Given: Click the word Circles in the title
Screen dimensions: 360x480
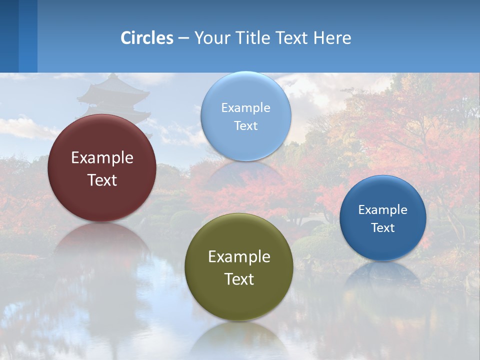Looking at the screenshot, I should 147,38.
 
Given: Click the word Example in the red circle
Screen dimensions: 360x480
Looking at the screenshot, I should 102,158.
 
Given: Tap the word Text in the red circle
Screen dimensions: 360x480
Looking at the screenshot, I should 102,180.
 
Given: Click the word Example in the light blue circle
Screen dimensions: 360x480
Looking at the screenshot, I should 245,108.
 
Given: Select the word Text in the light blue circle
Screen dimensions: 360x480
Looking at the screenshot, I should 245,125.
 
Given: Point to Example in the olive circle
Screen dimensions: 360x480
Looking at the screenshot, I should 239,257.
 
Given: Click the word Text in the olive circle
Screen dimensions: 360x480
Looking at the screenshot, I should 239,279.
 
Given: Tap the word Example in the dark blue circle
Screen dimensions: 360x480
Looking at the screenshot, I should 383,210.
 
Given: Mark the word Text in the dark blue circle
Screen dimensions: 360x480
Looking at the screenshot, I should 383,228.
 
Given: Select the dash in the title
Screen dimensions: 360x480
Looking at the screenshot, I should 183,38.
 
